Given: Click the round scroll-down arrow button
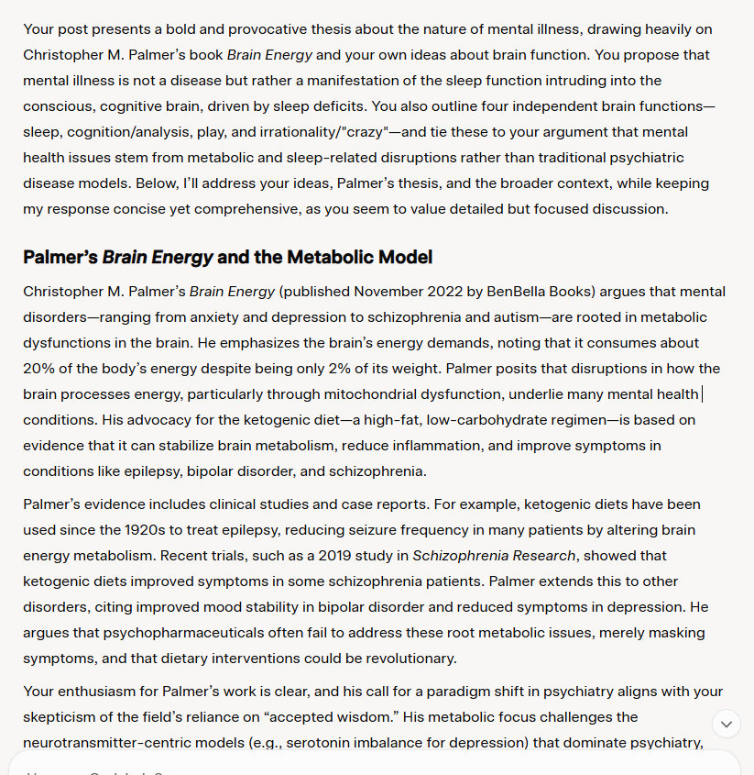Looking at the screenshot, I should (x=727, y=724).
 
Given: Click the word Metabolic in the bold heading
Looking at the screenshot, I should (x=322, y=257).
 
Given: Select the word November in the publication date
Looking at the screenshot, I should (x=388, y=292).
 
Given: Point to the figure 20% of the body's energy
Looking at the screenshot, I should (x=39, y=369).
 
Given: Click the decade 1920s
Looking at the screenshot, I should (x=142, y=530).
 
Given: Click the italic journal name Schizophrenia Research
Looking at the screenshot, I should (x=494, y=556).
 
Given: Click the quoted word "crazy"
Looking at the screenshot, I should (x=363, y=132).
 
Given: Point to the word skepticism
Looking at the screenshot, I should (x=60, y=717).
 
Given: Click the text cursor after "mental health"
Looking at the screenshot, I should (x=701, y=394).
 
